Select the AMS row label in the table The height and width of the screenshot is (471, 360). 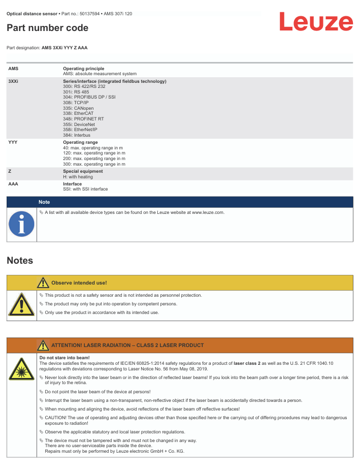pyautogui.click(x=14, y=68)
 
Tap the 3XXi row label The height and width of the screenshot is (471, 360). pyautogui.click(x=14, y=81)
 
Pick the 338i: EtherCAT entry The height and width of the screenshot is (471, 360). pyautogui.click(x=78, y=113)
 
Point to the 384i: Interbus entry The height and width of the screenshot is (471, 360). pyautogui.click(x=77, y=135)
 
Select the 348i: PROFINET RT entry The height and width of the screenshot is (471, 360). pyautogui.click(x=83, y=119)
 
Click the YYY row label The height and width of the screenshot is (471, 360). pyautogui.click(x=13, y=143)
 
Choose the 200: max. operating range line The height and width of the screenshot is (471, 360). pyautogui.click(x=94, y=159)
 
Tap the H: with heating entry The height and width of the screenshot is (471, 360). pyautogui.click(x=78, y=177)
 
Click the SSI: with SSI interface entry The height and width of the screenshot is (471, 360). pyautogui.click(x=85, y=189)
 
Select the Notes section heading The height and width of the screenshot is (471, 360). pyautogui.click(x=20, y=261)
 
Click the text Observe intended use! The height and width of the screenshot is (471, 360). pyautogui.click(x=79, y=282)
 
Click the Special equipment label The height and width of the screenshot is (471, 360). pyautogui.click(x=83, y=171)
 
